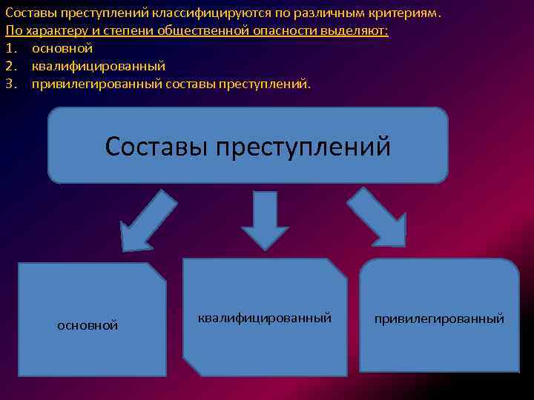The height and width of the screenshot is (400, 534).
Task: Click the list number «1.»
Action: point(10,49)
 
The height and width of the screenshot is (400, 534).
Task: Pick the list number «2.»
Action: point(10,67)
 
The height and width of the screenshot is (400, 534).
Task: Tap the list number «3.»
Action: point(10,84)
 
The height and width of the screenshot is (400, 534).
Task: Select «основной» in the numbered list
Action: point(62,49)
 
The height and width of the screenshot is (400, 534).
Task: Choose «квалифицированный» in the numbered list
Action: point(99,67)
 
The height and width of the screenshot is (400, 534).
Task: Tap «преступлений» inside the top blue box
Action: point(303,146)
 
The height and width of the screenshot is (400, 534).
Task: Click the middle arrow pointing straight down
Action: point(265,221)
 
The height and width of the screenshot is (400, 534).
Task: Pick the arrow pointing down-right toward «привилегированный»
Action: point(379,217)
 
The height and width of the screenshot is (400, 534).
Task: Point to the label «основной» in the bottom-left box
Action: point(88,325)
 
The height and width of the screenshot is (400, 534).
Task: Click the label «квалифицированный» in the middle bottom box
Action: point(264,318)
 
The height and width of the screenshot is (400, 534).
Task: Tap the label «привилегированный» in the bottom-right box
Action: point(439,319)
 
